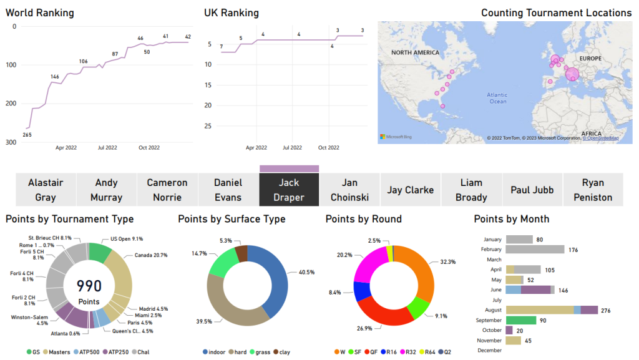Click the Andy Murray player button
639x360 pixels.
(106, 190)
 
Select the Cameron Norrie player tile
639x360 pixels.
(167, 190)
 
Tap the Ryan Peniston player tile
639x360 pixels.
(593, 190)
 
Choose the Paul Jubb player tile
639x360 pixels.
(532, 190)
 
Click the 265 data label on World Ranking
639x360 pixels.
(27, 135)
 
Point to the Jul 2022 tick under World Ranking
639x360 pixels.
(107, 148)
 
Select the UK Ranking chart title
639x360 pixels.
(232, 13)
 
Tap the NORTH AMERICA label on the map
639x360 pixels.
(416, 53)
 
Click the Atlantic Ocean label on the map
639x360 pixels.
(497, 98)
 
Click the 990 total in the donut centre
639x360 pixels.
(89, 286)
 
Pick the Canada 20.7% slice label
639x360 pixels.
(151, 256)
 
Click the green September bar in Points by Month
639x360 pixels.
(521, 320)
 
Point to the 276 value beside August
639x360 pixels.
(605, 310)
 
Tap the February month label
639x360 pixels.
(491, 250)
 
